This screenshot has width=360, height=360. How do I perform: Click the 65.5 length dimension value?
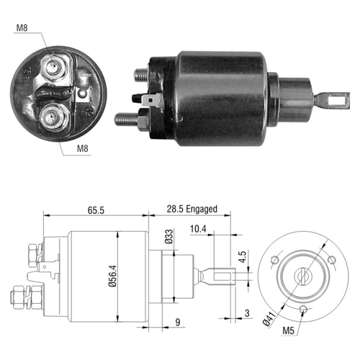(96, 210)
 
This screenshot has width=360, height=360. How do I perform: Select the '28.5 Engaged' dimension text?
(192, 209)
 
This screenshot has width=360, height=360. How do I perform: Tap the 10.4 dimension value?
(198, 229)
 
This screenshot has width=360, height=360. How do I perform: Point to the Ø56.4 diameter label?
(112, 276)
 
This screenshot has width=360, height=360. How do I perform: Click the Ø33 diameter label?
(169, 237)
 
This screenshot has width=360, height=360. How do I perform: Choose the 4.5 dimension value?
(243, 256)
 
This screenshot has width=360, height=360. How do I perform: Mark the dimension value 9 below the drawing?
(178, 322)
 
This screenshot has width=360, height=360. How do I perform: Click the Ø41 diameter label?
(269, 319)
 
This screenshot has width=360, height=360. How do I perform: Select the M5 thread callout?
(288, 330)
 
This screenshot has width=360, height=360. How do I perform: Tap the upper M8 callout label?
(22, 28)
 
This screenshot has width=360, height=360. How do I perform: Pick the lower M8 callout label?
(83, 148)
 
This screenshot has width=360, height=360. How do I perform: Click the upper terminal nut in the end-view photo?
(53, 67)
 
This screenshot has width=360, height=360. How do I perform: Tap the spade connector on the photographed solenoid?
(150, 99)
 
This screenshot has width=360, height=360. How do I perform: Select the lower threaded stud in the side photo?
(127, 120)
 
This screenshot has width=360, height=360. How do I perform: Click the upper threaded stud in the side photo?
(141, 75)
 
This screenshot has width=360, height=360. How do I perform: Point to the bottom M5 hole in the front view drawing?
(303, 309)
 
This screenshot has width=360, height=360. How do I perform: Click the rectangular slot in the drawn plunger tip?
(222, 276)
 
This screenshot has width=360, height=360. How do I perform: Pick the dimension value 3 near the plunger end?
(247, 313)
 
